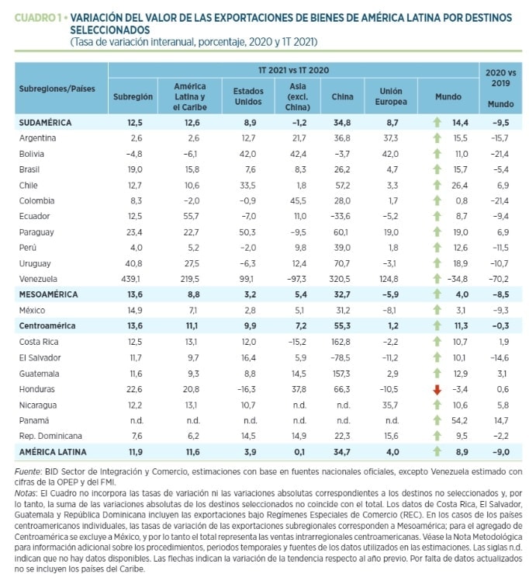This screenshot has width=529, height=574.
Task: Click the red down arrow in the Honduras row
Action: (x=437, y=390)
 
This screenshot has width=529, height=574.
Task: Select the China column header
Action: (x=342, y=96)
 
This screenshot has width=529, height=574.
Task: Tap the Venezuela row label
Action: (x=38, y=279)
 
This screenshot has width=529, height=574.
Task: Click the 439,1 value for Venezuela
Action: (x=130, y=279)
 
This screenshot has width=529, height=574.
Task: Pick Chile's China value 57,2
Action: (x=343, y=185)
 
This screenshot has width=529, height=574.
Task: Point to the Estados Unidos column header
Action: (x=248, y=96)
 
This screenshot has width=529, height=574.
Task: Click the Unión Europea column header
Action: (x=391, y=96)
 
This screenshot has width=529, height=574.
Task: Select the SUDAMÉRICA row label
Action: (x=45, y=123)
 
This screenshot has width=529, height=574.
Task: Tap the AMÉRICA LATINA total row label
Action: (x=53, y=452)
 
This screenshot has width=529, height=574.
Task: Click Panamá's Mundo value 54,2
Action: (x=459, y=421)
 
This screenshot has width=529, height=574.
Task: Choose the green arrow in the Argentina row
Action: (x=437, y=138)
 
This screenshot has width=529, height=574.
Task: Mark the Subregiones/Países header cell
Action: (x=57, y=89)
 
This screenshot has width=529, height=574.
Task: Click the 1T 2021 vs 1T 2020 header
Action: (x=293, y=70)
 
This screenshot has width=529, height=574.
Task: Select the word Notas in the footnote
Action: (x=26, y=493)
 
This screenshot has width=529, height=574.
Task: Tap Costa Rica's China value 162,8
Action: (x=341, y=342)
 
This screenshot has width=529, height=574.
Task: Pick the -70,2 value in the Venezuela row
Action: (x=499, y=279)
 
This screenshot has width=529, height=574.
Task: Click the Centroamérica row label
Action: (x=47, y=325)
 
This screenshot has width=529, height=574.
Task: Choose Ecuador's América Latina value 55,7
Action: (x=192, y=217)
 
